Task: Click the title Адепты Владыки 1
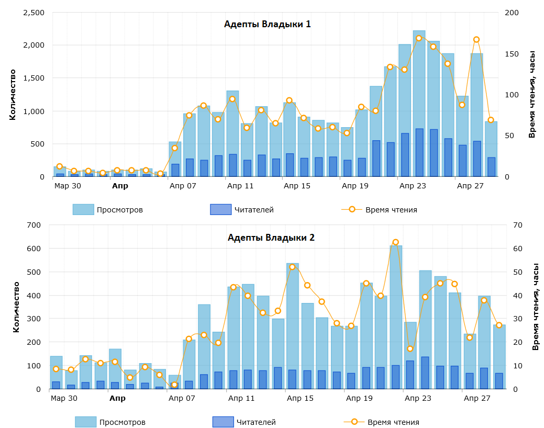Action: [267, 24]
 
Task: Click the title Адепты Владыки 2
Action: [271, 238]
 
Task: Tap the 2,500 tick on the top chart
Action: [34, 13]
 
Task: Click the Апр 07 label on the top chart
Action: [183, 186]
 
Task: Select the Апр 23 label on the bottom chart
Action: [418, 398]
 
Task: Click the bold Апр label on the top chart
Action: [120, 186]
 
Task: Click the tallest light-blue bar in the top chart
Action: [419, 105]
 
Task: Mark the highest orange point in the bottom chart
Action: [395, 242]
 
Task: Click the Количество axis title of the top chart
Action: [13, 95]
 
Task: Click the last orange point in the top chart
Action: [491, 120]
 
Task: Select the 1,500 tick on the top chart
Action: [34, 78]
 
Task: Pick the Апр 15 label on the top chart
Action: [297, 186]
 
